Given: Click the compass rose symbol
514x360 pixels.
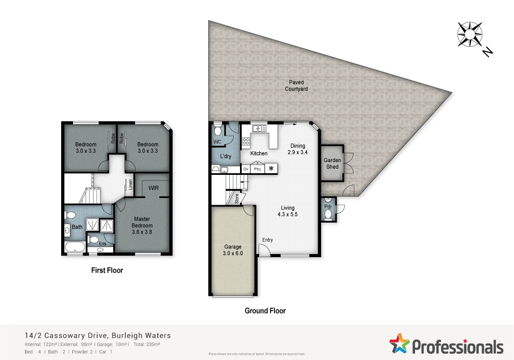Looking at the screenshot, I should (469, 33).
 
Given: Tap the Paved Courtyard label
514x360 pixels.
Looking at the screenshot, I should (297, 85).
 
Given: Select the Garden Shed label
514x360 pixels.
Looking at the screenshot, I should (332, 164).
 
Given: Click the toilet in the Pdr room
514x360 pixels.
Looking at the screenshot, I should (328, 215).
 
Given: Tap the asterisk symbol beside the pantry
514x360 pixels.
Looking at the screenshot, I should (271, 169).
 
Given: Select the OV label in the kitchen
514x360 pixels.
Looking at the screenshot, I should (246, 169).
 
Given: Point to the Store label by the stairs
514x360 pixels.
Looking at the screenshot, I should (237, 199).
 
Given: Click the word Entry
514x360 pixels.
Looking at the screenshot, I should (267, 240).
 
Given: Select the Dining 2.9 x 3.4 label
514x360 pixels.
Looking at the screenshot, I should (298, 149).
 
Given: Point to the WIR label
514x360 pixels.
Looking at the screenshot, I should (153, 188).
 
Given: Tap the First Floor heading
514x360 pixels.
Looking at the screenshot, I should (107, 270).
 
